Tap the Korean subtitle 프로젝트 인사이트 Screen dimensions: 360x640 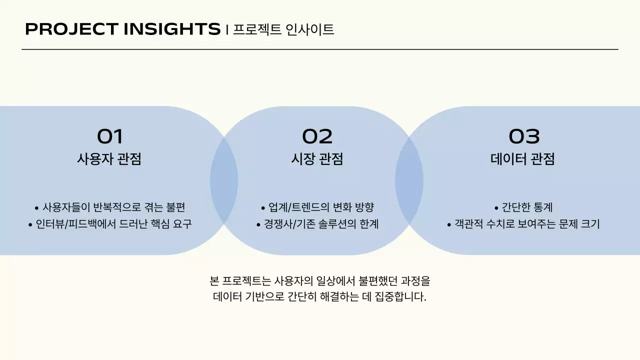(x=283, y=29)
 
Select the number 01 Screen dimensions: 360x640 (x=109, y=136)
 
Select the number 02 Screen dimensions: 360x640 (x=317, y=136)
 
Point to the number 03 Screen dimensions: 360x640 (x=524, y=136)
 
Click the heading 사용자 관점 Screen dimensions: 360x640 (x=109, y=159)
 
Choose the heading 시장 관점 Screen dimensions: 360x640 (x=317, y=159)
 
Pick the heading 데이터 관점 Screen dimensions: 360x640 (x=523, y=159)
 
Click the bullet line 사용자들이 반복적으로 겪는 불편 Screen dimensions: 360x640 (x=109, y=207)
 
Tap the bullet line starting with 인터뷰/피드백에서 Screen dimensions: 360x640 (x=109, y=223)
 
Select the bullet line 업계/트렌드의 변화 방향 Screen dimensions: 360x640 (x=317, y=207)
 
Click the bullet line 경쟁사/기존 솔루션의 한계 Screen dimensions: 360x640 (x=317, y=223)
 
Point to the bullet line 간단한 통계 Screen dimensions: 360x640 (x=523, y=207)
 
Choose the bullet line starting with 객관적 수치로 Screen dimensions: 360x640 (x=523, y=223)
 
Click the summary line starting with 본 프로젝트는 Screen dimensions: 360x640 (x=319, y=280)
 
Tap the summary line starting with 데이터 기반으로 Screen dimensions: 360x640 (x=319, y=296)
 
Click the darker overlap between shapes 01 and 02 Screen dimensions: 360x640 (x=224, y=180)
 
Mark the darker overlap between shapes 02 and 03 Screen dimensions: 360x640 (x=409, y=180)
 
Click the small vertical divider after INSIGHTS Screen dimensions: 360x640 (x=227, y=30)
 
